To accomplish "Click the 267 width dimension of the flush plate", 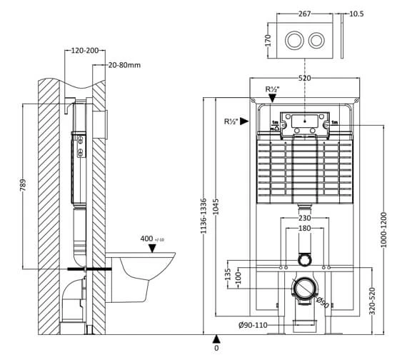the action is tap(304, 14).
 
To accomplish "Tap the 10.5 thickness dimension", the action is tap(356, 14).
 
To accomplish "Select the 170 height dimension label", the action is tap(268, 41).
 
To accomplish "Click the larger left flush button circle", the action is tap(294, 40).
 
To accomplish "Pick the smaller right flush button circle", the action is tap(316, 40).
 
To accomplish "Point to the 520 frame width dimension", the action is tap(304, 78).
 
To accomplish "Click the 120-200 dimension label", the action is tap(85, 51).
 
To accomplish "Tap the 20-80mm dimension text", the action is tap(124, 65).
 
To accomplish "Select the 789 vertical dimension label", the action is tap(23, 185).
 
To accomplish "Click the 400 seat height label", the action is tap(146, 239).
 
